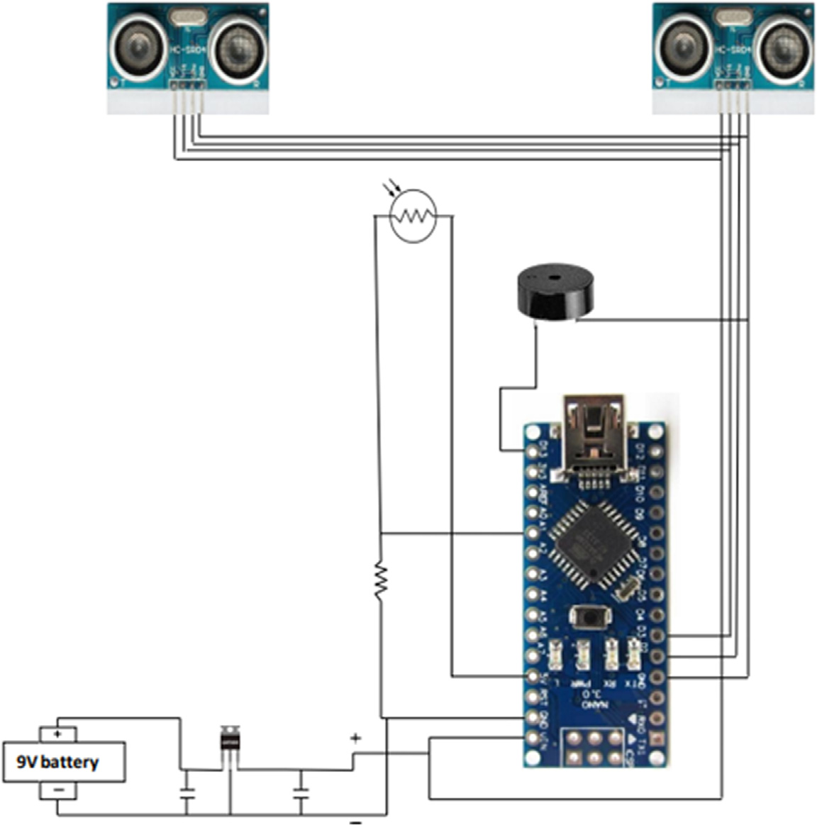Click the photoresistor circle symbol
[413, 216]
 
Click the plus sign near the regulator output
[355, 738]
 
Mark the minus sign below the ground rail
[356, 821]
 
